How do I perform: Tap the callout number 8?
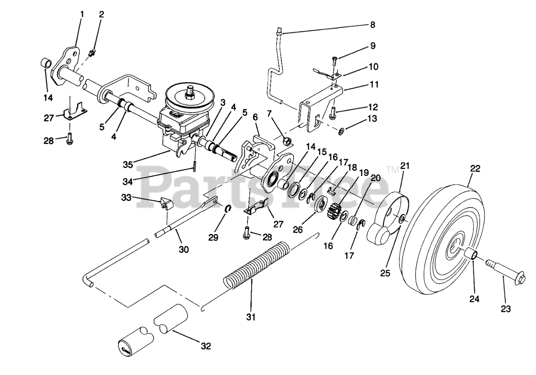(372, 25)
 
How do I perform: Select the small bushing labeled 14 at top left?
(46, 65)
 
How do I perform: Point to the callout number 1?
(82, 14)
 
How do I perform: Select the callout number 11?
(374, 85)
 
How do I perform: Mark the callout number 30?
(184, 250)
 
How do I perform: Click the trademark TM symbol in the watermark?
(392, 170)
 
